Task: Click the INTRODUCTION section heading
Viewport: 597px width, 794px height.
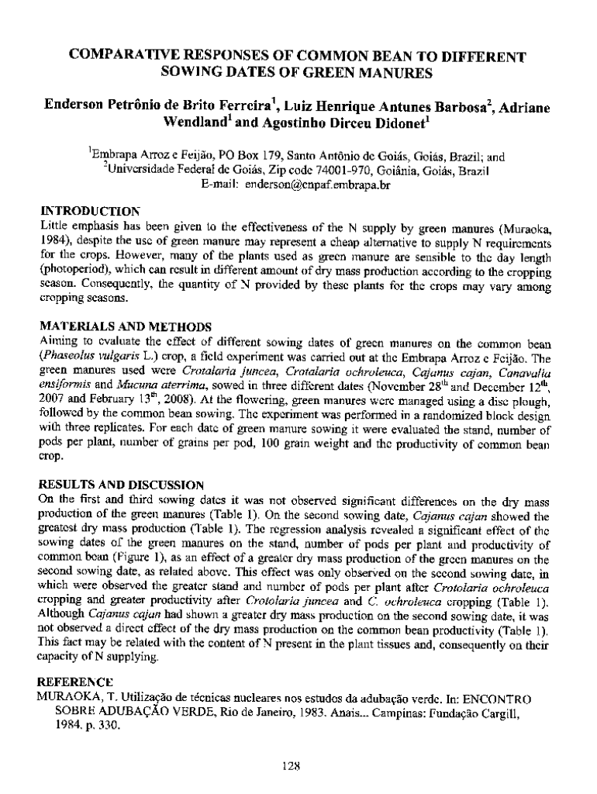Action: point(90,210)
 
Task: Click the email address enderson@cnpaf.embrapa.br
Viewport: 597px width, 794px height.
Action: point(317,187)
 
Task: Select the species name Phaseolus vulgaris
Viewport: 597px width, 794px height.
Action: point(87,359)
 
